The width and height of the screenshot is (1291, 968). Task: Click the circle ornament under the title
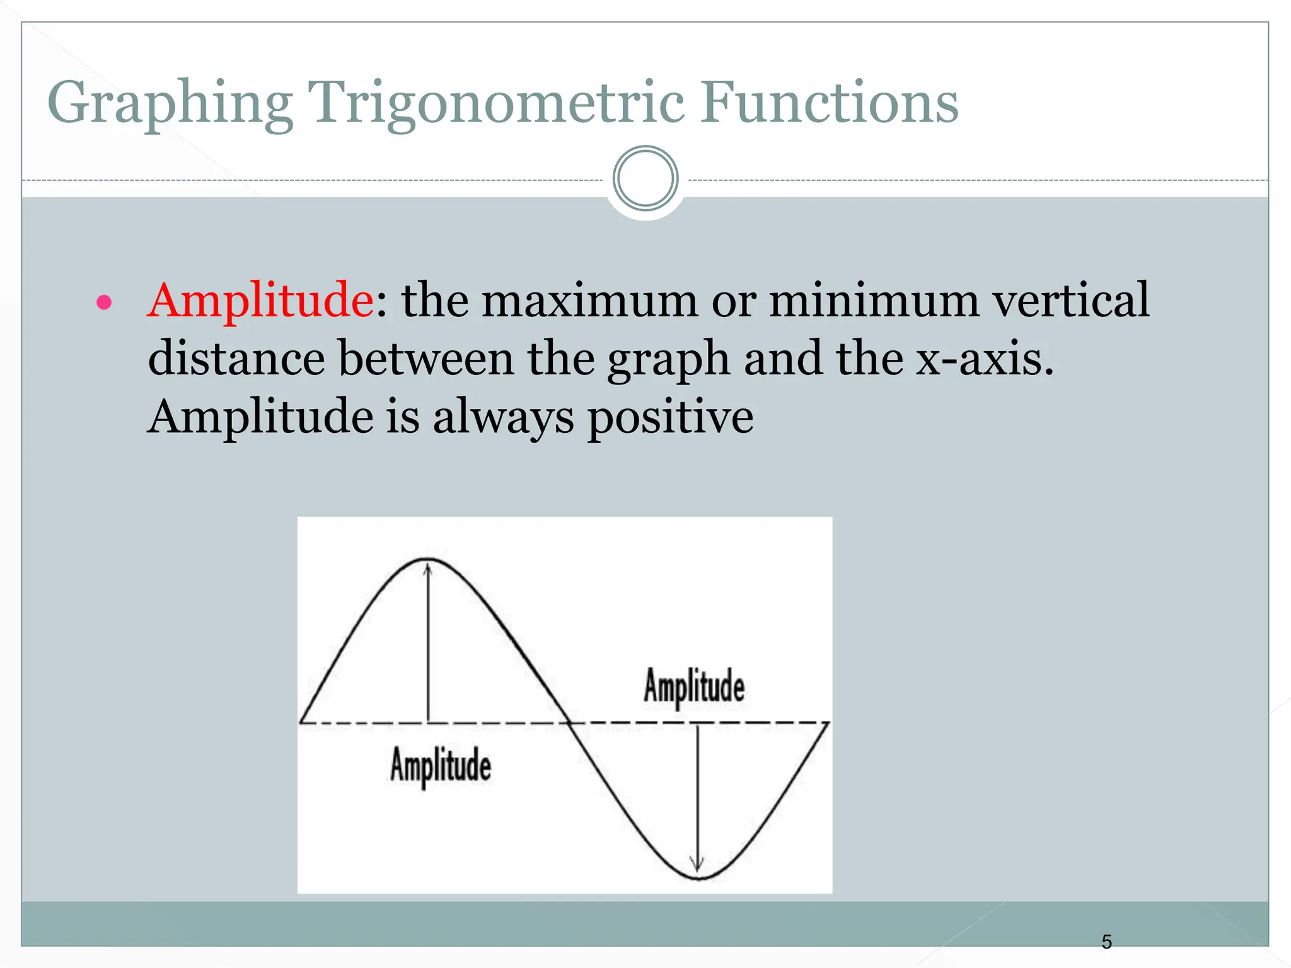(x=645, y=178)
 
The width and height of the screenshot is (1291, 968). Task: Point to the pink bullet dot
(x=104, y=303)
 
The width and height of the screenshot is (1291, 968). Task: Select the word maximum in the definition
(x=589, y=300)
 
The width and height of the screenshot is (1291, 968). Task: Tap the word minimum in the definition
(x=874, y=300)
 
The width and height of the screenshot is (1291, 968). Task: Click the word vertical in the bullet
(x=1071, y=300)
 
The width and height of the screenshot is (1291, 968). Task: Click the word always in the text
(x=504, y=417)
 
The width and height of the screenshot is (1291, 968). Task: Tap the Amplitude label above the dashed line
(x=693, y=686)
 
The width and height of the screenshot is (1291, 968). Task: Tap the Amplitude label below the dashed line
(x=440, y=765)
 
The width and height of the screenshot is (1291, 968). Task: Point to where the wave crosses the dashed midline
(x=569, y=723)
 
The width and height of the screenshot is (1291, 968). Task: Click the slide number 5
(x=1106, y=942)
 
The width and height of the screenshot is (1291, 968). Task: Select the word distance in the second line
(x=236, y=359)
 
